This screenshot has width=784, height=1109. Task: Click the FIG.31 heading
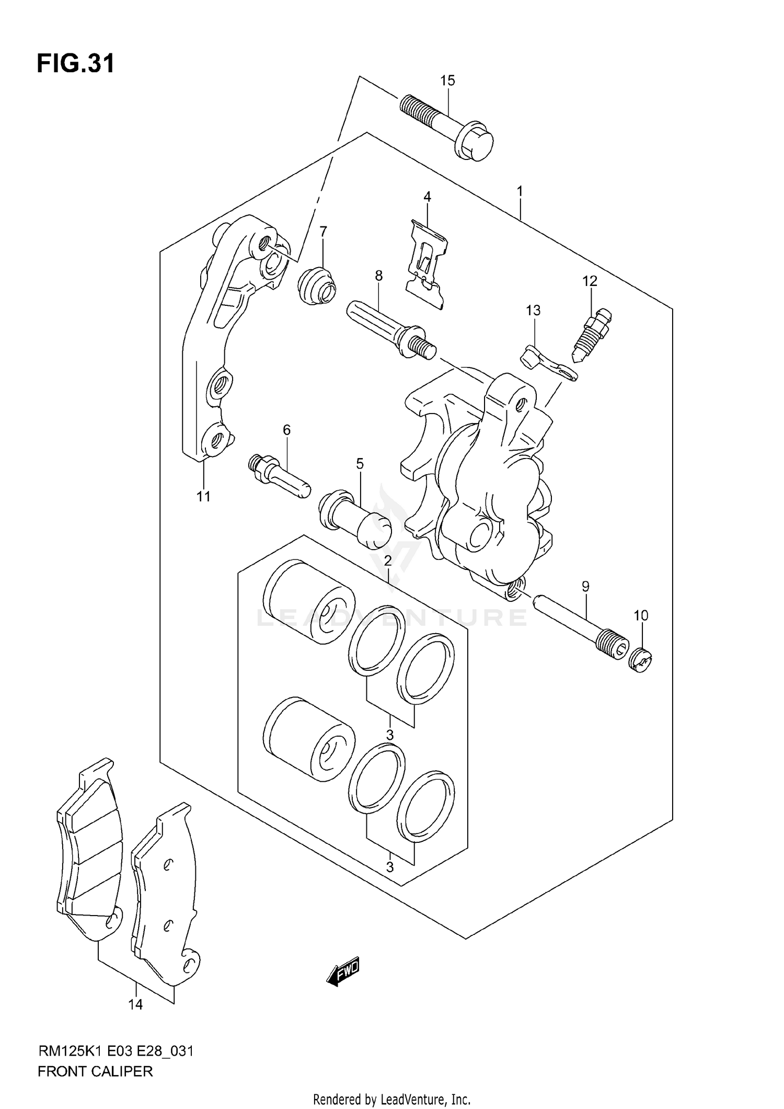click(76, 64)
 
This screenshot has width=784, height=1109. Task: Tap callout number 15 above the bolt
click(447, 81)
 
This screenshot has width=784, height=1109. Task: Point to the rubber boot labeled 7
click(317, 285)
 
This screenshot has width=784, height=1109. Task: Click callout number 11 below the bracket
click(203, 496)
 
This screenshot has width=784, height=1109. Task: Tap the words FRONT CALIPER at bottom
click(95, 1071)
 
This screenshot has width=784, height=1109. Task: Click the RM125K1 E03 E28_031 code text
click(116, 1050)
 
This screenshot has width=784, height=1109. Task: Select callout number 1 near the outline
click(520, 191)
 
